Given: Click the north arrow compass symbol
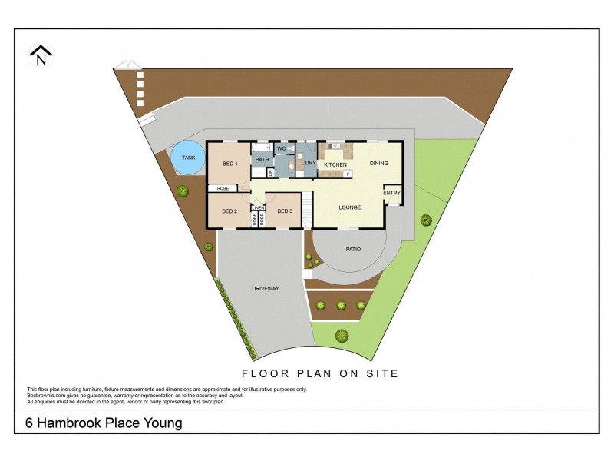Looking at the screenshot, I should tap(41, 55).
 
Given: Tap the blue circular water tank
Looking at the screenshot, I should tap(188, 158).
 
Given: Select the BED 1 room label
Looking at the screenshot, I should tap(230, 164).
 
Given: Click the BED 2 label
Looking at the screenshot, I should tap(229, 211).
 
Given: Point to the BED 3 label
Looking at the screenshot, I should tap(284, 211).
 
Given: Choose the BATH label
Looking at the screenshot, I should tap(262, 160).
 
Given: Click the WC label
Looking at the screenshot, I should tap(281, 148).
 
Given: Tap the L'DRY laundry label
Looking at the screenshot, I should tap(309, 164).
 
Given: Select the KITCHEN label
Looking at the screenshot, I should tap(335, 165).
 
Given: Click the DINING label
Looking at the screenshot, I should tap(379, 163).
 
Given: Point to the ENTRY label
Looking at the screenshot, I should tap(391, 193).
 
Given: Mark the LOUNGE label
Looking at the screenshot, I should tap(350, 207).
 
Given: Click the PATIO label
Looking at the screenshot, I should tap(353, 249).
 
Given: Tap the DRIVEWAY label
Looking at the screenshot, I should tap(265, 288).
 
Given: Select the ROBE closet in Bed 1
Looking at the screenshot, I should tap(223, 188).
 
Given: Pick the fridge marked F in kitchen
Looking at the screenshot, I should tap(348, 174).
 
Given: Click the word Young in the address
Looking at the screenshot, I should tap(163, 423).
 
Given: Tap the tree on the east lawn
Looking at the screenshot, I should tap(425, 221).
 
